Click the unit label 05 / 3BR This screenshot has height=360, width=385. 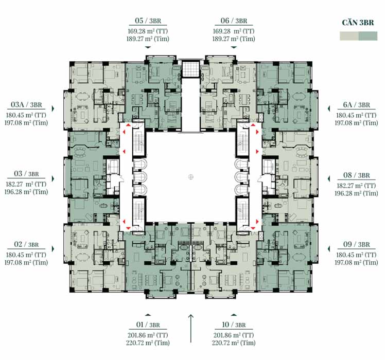148,21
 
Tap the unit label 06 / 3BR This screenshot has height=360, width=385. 234,21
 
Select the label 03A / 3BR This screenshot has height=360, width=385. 26,104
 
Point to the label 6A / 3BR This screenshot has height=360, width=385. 356,105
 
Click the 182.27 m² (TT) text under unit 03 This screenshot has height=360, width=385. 26,184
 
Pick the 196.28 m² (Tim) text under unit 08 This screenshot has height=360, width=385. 356,193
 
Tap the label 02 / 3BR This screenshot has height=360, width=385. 26,244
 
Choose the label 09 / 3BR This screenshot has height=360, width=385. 356,244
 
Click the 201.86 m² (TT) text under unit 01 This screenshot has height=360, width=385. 148,335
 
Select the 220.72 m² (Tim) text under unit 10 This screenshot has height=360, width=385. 234,343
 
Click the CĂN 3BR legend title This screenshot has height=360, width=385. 358,23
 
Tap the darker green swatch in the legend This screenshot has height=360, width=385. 368,36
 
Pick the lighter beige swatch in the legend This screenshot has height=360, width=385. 349,36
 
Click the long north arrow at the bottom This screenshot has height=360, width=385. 191,328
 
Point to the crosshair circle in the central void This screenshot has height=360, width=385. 191,177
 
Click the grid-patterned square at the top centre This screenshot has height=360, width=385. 191,69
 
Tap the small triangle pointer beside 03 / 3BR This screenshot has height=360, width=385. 53,178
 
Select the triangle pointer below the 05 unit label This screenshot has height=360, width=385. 148,47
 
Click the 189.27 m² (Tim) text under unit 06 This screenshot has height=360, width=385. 234,39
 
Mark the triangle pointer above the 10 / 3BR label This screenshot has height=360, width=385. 234,315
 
